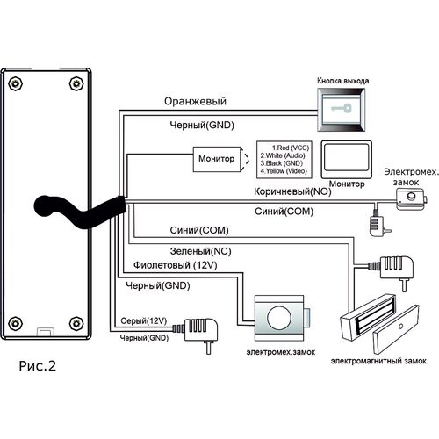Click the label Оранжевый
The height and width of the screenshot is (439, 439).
click(195, 101)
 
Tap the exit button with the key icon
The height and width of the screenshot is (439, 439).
click(342, 110)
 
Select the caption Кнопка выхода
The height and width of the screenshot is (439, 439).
click(342, 81)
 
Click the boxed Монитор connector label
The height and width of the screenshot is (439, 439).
click(217, 159)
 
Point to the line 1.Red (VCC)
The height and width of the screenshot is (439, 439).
click(291, 148)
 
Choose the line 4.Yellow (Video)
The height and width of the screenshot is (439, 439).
click(284, 171)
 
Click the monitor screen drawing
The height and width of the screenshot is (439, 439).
click(347, 160)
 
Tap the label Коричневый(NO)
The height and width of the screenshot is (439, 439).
click(292, 191)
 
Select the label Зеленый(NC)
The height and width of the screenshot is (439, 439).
click(200, 251)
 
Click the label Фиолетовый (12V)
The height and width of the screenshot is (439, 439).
click(176, 265)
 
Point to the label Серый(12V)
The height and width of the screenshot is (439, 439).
click(144, 321)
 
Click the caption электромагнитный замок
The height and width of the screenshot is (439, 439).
click(378, 361)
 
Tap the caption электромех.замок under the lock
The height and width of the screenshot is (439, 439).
click(281, 352)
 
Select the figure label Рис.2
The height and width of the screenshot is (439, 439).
click(37, 366)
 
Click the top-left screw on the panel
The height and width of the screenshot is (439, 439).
click(16, 83)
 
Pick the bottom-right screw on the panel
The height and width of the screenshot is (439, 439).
click(76, 323)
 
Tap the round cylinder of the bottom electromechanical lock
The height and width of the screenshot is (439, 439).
click(279, 318)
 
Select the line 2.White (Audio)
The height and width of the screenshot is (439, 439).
click(283, 155)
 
